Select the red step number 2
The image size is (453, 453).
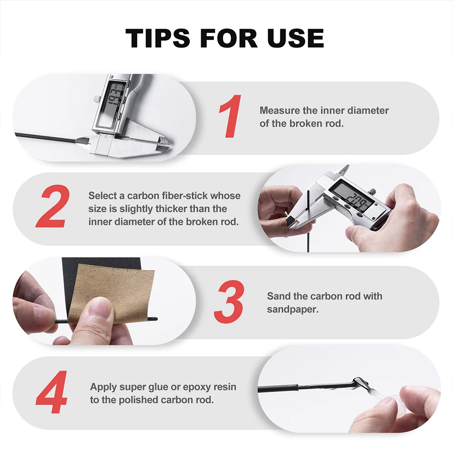tap(53, 206)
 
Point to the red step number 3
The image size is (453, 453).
tap(229, 302)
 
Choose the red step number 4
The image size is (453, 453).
tap(51, 392)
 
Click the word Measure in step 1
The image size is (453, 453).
tap(279, 110)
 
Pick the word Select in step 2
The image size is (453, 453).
tap(103, 196)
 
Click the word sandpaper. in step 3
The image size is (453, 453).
tap(292, 309)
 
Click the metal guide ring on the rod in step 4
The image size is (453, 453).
tap(360, 383)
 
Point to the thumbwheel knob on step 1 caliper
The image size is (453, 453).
tap(97, 99)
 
